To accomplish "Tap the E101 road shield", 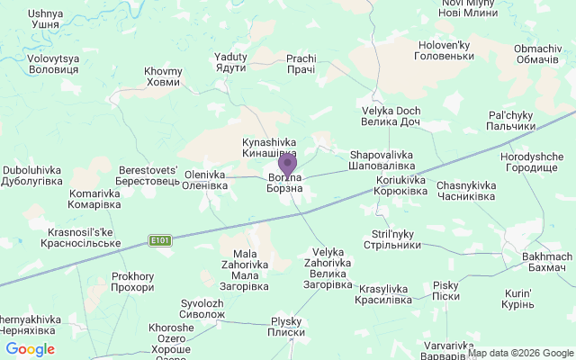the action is (x=159, y=240).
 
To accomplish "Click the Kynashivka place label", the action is (x=269, y=148).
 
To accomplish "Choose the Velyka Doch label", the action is (x=391, y=116).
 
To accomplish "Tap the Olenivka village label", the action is (x=205, y=180).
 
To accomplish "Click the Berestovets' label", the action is (x=150, y=175).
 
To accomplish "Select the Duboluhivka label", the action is (x=31, y=175).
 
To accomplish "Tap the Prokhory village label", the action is (x=132, y=282).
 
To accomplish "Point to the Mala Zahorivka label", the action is (x=245, y=270).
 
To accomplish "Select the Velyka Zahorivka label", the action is (x=327, y=268).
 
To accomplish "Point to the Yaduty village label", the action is (x=230, y=62).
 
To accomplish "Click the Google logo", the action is (x=30, y=349).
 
